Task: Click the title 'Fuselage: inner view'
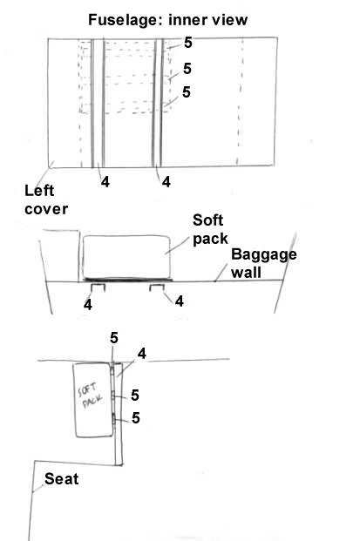167,20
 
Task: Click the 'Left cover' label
46,199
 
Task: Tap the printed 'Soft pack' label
210,229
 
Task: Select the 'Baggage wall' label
264,263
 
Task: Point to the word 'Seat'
61,479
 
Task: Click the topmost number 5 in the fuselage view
187,43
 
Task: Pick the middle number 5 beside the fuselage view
187,68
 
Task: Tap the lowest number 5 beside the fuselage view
187,91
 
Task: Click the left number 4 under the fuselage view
105,181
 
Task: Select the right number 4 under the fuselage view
166,181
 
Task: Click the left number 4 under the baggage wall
88,304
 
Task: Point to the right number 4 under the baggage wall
180,301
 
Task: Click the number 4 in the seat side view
142,354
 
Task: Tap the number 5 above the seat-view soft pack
114,338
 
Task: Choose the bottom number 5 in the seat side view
136,418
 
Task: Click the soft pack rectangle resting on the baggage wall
126,257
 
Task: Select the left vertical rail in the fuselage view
98,103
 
